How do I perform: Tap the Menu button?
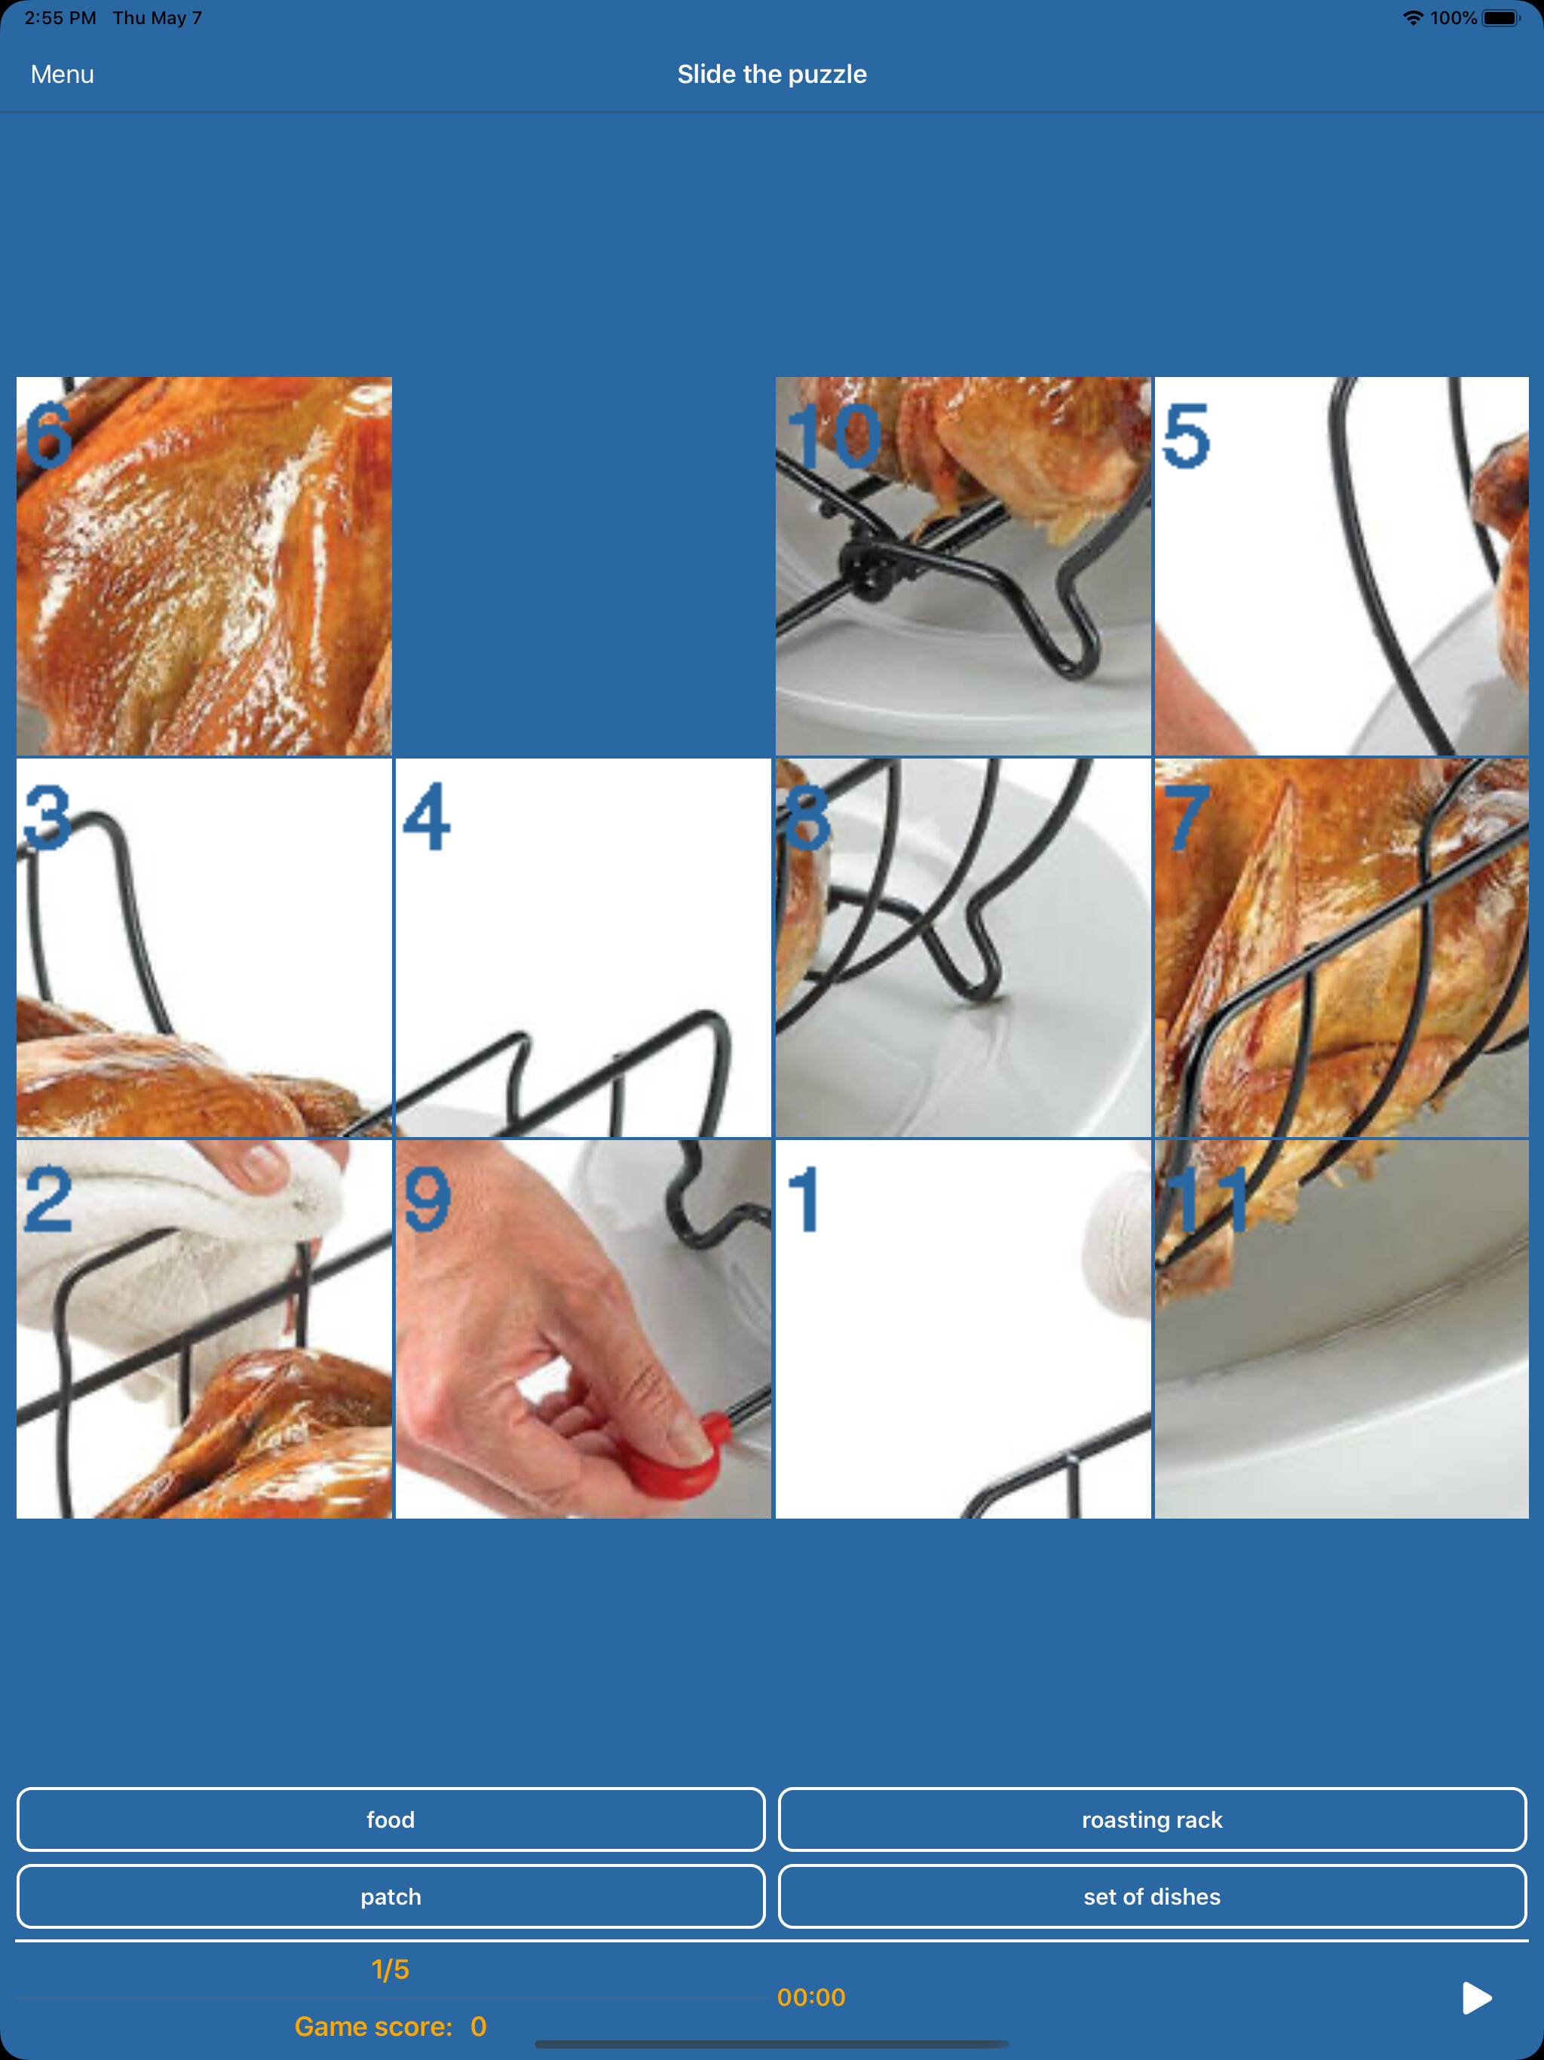tap(63, 75)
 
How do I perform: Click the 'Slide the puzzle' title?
tap(772, 75)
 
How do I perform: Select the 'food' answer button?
tap(391, 1819)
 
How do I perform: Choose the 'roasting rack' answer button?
tap(1152, 1819)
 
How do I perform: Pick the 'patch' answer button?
tap(391, 1896)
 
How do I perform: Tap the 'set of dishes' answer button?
tap(1152, 1896)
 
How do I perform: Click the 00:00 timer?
tap(811, 1997)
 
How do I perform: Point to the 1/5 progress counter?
tap(391, 1969)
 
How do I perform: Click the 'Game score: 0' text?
tap(391, 2027)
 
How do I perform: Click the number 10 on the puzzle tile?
tap(834, 436)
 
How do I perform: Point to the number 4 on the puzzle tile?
tap(427, 817)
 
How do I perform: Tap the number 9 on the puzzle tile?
tap(427, 1200)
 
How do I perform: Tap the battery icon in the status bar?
tap(1500, 17)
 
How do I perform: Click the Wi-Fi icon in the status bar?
tap(1413, 17)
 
